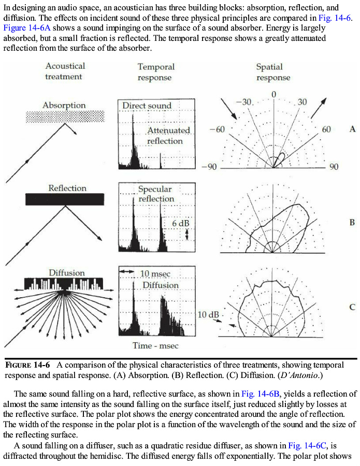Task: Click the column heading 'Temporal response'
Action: [155, 72]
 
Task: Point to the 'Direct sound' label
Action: [147, 106]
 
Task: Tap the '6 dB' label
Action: [180, 223]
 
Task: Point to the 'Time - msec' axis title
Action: [155, 345]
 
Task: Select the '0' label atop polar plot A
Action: [273, 94]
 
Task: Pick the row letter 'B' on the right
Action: [352, 223]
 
